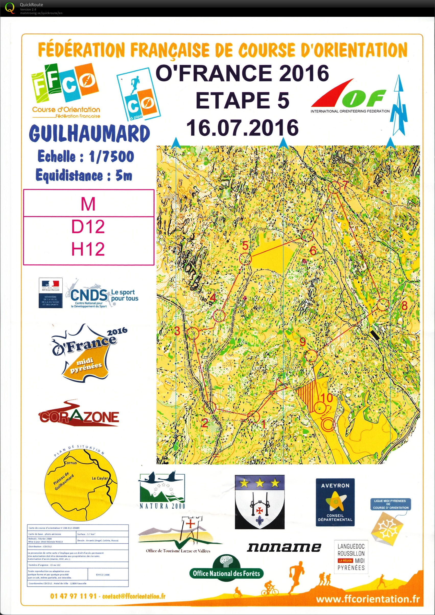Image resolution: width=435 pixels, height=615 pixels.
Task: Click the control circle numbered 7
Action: point(335,187)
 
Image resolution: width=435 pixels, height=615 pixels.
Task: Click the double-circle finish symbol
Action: point(328,424)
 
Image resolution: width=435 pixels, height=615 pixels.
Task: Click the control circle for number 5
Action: point(245,259)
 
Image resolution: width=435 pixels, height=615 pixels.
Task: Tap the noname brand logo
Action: point(284,547)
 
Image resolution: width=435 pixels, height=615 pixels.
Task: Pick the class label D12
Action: point(88,227)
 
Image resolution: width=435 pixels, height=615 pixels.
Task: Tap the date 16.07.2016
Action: point(242,128)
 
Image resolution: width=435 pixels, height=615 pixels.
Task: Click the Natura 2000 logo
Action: point(162,490)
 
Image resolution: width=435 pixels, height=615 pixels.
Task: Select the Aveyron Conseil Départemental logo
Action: point(335,502)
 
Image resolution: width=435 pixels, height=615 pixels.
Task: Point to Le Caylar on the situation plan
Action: point(99,478)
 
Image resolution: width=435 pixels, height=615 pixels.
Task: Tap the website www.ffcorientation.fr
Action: point(368,599)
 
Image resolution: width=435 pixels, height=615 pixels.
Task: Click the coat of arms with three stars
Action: point(259,502)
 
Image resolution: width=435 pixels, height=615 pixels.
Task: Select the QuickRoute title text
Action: point(31,5)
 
